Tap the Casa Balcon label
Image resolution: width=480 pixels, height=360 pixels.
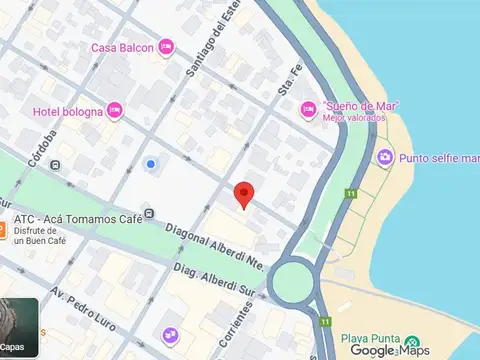pyautogui.click(x=122, y=47)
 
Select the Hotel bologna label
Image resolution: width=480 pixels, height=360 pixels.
pyautogui.click(x=68, y=110)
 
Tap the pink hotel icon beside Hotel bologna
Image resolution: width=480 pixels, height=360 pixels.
pyautogui.click(x=116, y=110)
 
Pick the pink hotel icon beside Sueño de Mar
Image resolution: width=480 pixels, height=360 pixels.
pyautogui.click(x=308, y=111)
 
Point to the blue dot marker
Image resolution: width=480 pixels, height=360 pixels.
pyautogui.click(x=151, y=163)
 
